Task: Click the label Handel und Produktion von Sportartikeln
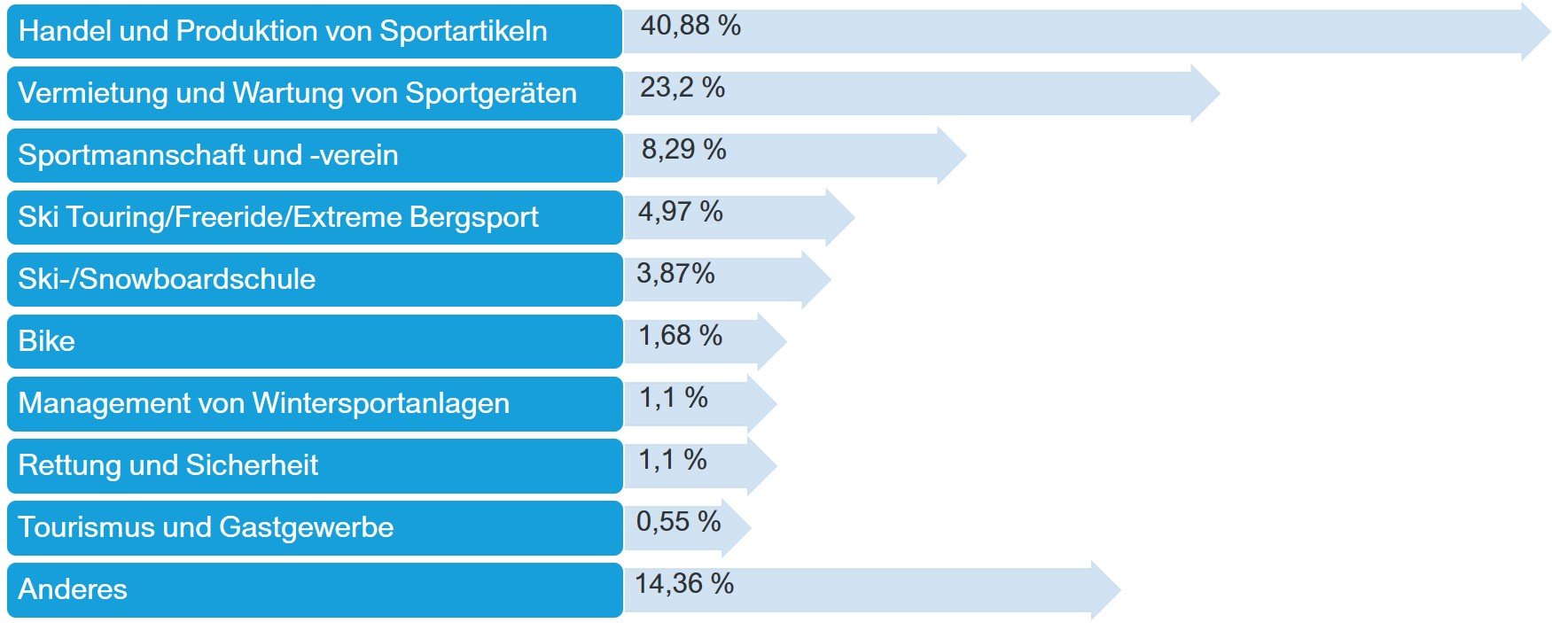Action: coord(283,31)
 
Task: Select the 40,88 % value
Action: coord(690,26)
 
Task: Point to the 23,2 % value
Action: coord(682,88)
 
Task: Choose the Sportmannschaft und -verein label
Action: coord(208,155)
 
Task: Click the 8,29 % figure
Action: coord(683,150)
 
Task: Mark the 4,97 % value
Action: coord(681,212)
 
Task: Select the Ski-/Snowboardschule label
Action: coord(167,279)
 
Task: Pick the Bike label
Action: coord(47,341)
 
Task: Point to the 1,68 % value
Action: coord(681,336)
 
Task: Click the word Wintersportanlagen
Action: coord(381,404)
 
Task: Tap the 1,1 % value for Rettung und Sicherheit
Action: coord(673,460)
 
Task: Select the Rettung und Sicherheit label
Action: coord(168,465)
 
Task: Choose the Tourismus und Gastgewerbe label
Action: coord(206,527)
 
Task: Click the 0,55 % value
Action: coord(679,522)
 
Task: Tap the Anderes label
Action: coord(73,589)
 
